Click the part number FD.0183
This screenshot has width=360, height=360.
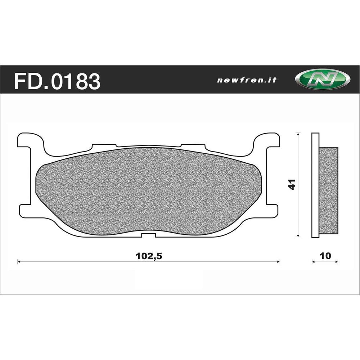point(57,81)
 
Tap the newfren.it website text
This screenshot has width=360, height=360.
point(247,80)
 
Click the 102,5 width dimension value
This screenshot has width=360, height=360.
point(148,256)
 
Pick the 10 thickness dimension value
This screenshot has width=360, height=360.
point(325,256)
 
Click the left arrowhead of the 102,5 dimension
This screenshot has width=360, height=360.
point(19,262)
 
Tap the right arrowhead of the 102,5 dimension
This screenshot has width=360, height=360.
point(278,262)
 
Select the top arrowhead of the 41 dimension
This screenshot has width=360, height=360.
point(298,134)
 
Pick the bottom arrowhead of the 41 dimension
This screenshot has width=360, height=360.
point(298,236)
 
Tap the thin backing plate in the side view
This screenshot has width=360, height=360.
point(315,185)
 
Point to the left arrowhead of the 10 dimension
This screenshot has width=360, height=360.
point(313,262)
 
